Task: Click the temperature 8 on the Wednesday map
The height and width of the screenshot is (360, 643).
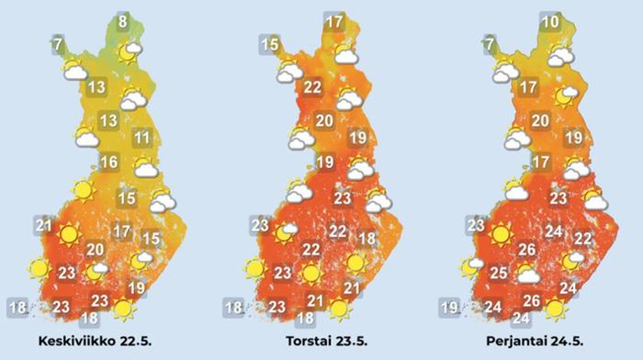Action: pyautogui.click(x=123, y=18)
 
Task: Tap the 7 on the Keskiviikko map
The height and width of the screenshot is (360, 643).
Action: pyautogui.click(x=58, y=42)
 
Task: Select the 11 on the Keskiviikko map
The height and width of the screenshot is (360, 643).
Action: pyautogui.click(x=141, y=139)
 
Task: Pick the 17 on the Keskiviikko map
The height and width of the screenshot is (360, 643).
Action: pyautogui.click(x=121, y=231)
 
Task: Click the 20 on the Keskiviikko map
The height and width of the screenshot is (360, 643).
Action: pyautogui.click(x=96, y=249)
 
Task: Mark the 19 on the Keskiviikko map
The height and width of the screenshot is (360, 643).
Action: pyautogui.click(x=137, y=288)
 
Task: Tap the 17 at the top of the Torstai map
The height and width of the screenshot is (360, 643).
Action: pyautogui.click(x=334, y=22)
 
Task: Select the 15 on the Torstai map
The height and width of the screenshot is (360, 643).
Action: pyautogui.click(x=270, y=43)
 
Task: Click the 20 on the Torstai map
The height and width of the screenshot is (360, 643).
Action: pyautogui.click(x=323, y=120)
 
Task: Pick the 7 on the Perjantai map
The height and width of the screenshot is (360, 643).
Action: pyautogui.click(x=490, y=42)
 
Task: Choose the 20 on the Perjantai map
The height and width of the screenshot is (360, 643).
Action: pyautogui.click(x=540, y=120)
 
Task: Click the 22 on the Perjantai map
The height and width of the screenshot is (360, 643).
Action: pyautogui.click(x=582, y=239)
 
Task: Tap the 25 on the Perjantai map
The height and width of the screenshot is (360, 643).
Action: pyautogui.click(x=499, y=273)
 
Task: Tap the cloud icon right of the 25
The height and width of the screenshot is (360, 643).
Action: pyautogui.click(x=527, y=273)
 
